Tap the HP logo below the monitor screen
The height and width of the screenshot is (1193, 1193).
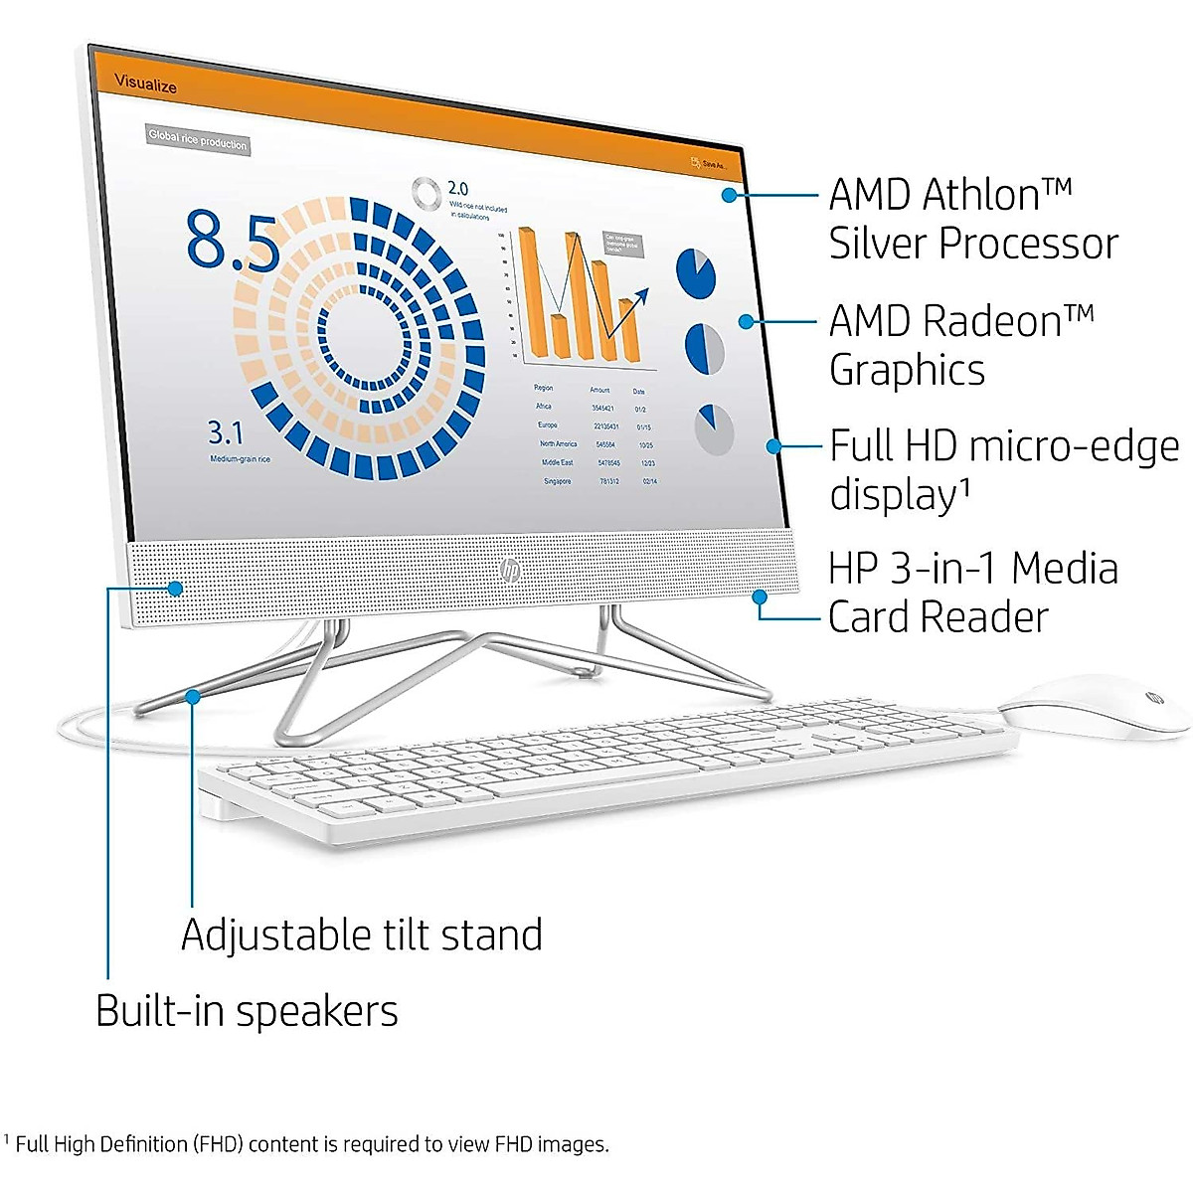point(510,570)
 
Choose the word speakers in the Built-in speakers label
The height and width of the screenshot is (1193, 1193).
point(317,1011)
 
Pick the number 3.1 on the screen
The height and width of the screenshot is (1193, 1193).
point(225,433)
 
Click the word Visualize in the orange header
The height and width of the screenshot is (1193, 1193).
point(145,85)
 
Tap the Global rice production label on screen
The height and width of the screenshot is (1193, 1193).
point(197,141)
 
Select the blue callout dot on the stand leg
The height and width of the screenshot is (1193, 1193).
point(193,696)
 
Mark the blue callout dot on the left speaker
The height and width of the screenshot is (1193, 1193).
point(175,589)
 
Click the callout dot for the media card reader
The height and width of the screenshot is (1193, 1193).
point(760,597)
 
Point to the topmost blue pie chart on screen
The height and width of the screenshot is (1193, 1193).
point(696,271)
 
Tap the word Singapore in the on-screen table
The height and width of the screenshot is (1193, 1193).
point(557,481)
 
